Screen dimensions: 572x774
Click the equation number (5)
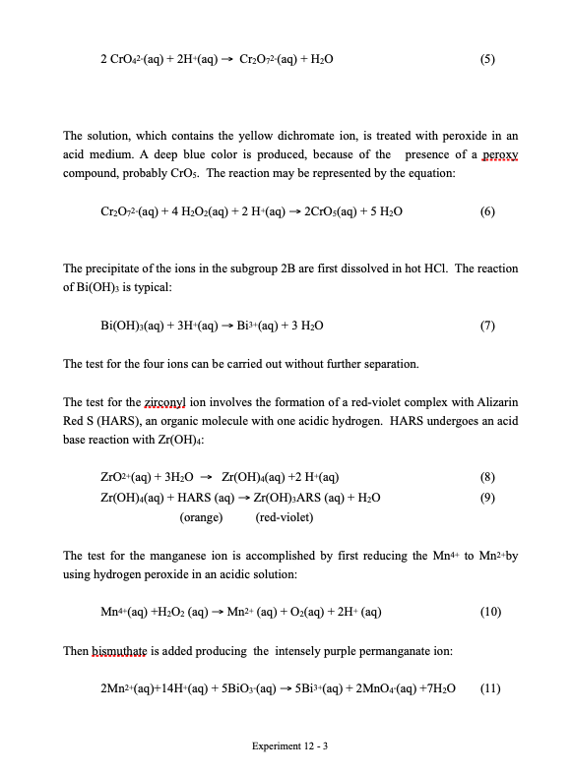[x=486, y=58]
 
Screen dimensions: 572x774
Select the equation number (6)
[x=486, y=211]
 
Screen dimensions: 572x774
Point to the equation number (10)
[x=488, y=612]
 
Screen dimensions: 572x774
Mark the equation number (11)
[x=490, y=688]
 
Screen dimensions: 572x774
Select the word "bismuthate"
[x=120, y=650]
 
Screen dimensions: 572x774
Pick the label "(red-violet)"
[x=285, y=516]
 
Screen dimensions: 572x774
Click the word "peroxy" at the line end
[x=496, y=155]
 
